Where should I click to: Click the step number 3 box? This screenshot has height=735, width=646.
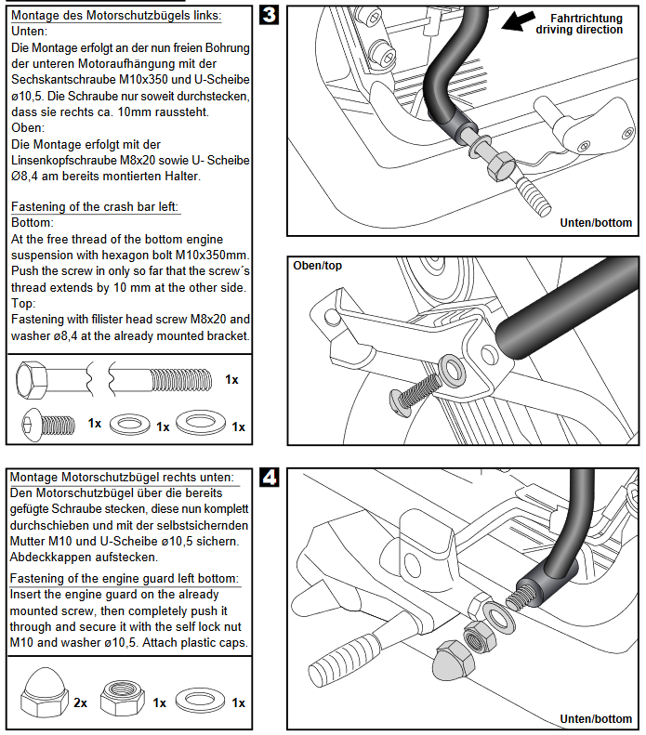[x=269, y=17]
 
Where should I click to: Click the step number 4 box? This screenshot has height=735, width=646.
[x=269, y=479]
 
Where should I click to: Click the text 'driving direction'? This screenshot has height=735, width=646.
[x=579, y=30]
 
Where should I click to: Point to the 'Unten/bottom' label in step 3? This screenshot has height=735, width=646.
[x=596, y=222]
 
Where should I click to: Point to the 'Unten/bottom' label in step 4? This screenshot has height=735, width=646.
[x=596, y=718]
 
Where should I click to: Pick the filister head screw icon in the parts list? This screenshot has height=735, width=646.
[x=42, y=425]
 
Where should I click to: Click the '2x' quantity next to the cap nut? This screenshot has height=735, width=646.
[x=81, y=703]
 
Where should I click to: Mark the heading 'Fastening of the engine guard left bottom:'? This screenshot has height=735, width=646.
[x=125, y=578]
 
